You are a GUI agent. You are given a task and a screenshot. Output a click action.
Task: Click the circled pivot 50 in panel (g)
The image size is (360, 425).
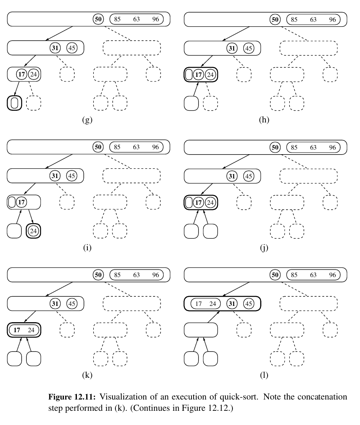pos(98,19)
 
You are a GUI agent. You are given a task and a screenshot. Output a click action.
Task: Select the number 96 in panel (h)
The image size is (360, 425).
pos(332,19)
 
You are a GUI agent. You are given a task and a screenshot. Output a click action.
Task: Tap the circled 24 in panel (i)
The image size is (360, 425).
pos(33,231)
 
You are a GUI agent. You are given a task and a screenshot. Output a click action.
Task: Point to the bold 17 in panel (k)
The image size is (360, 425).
pos(17,330)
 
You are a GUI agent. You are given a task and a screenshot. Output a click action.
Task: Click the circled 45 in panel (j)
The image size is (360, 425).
pos(249,176)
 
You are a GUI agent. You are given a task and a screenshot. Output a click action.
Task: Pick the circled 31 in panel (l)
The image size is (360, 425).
pos(231,304)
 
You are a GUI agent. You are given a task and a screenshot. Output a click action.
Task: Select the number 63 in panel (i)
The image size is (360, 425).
pos(137,147)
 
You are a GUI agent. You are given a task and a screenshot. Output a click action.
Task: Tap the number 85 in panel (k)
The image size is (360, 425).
pos(117,275)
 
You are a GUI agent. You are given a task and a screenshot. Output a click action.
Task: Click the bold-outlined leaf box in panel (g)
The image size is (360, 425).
pos(15,103)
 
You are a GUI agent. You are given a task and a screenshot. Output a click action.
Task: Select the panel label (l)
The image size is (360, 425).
pos(264,376)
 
